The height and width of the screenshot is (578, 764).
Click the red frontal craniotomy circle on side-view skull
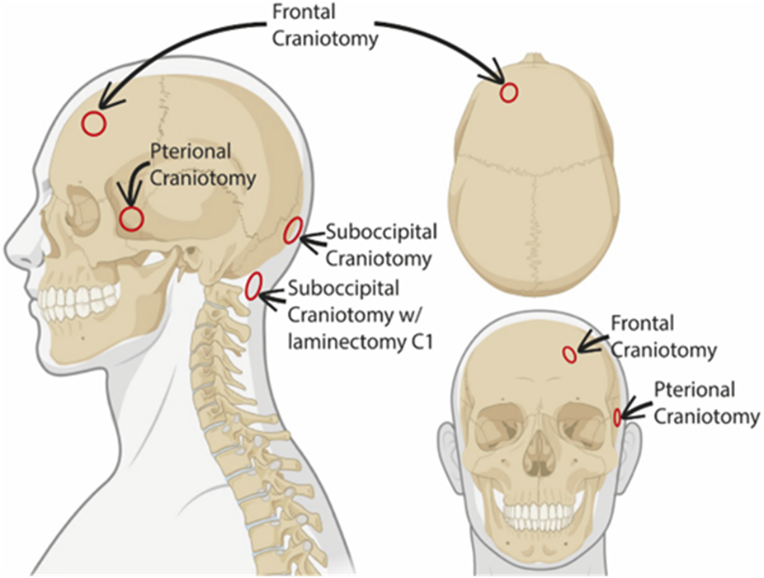[94, 124]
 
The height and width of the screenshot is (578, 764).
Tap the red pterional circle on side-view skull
[132, 219]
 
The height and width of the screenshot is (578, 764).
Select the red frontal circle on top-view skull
[509, 92]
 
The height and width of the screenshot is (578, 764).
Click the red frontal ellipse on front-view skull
[568, 355]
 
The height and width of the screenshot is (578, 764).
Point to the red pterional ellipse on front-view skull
[617, 417]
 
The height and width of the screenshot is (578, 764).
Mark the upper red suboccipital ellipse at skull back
[291, 232]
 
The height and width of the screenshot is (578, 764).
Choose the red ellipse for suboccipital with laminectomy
[254, 284]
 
